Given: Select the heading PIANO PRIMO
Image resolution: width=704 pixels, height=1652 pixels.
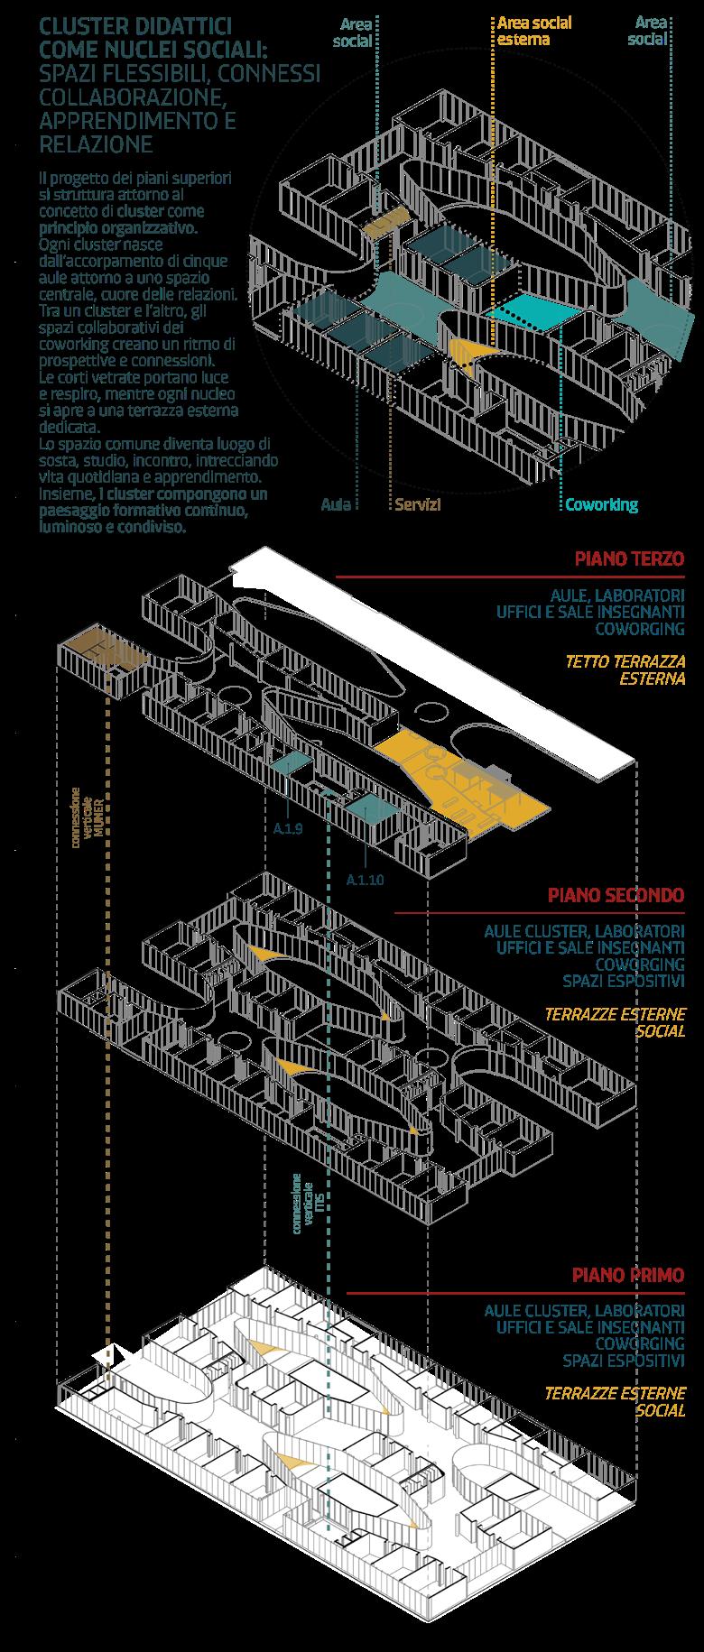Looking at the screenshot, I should (x=627, y=1275).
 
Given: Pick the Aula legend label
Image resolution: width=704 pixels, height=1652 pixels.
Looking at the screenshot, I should (x=336, y=505).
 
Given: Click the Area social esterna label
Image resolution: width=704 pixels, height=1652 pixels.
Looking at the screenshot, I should (x=534, y=31).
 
